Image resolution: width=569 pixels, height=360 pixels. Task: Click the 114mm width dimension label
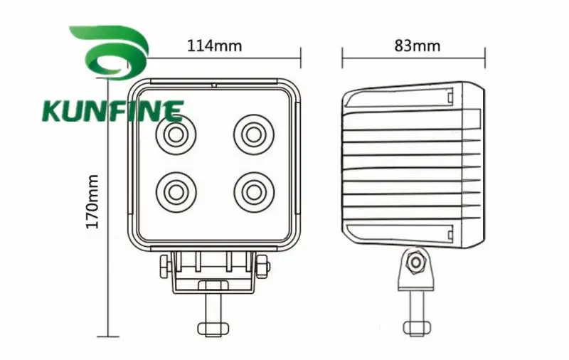pyautogui.click(x=214, y=46)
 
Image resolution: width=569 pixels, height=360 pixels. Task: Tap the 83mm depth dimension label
pyautogui.click(x=418, y=46)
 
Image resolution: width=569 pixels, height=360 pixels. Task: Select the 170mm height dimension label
pyautogui.click(x=92, y=202)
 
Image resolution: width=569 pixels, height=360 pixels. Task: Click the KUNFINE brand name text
pyautogui.click(x=113, y=111)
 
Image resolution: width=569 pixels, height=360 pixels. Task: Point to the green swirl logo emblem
pyautogui.click(x=110, y=52)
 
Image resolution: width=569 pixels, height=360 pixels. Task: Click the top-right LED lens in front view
pyautogui.click(x=254, y=134)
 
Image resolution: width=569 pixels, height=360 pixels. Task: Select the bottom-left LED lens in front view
pyautogui.click(x=176, y=192)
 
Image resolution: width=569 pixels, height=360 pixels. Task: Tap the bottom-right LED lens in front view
pyautogui.click(x=254, y=192)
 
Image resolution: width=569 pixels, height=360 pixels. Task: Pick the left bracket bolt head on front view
pyautogui.click(x=165, y=266)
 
